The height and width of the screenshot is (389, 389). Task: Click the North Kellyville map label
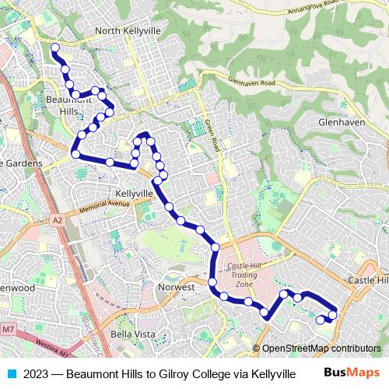pyautogui.click(x=127, y=31)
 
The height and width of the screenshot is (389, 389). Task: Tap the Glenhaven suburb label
pyautogui.click(x=342, y=122)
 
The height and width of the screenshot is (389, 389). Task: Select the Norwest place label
pyautogui.click(x=175, y=287)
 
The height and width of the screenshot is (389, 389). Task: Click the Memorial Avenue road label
pyautogui.click(x=97, y=206)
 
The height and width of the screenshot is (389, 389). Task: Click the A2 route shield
pyautogui.click(x=58, y=220)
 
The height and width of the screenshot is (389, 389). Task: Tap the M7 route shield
pyautogui.click(x=8, y=331)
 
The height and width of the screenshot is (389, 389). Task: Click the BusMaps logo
pyautogui.click(x=351, y=373)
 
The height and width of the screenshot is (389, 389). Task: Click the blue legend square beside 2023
pyautogui.click(x=10, y=373)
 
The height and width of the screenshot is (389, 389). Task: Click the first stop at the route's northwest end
pyautogui.click(x=54, y=48)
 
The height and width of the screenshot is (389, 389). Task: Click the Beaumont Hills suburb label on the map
pyautogui.click(x=69, y=105)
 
